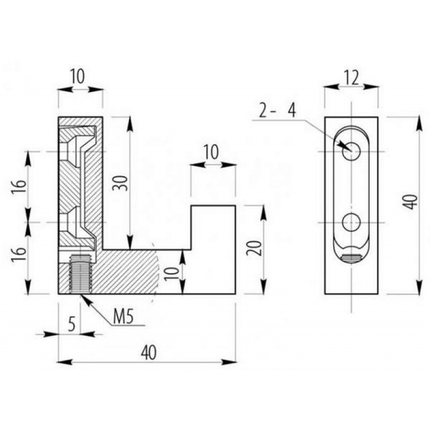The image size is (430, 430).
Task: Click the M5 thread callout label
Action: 124,317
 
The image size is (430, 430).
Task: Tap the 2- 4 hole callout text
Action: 277,111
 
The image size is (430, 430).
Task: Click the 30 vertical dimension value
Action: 120,183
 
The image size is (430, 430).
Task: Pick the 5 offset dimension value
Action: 71,324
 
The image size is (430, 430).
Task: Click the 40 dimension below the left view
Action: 149,353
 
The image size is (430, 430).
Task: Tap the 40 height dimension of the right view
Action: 411,202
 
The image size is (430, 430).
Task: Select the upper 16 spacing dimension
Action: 19,187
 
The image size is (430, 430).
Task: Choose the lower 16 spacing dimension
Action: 19,254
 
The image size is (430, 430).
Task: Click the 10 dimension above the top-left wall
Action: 77,76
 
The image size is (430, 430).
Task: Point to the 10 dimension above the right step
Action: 211,152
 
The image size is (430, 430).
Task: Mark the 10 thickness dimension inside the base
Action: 172,274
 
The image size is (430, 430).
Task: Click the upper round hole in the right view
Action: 352,152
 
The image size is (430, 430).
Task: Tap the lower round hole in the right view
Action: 352,223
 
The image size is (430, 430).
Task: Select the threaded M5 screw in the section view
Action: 81,274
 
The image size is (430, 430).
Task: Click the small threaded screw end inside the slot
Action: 352,259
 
